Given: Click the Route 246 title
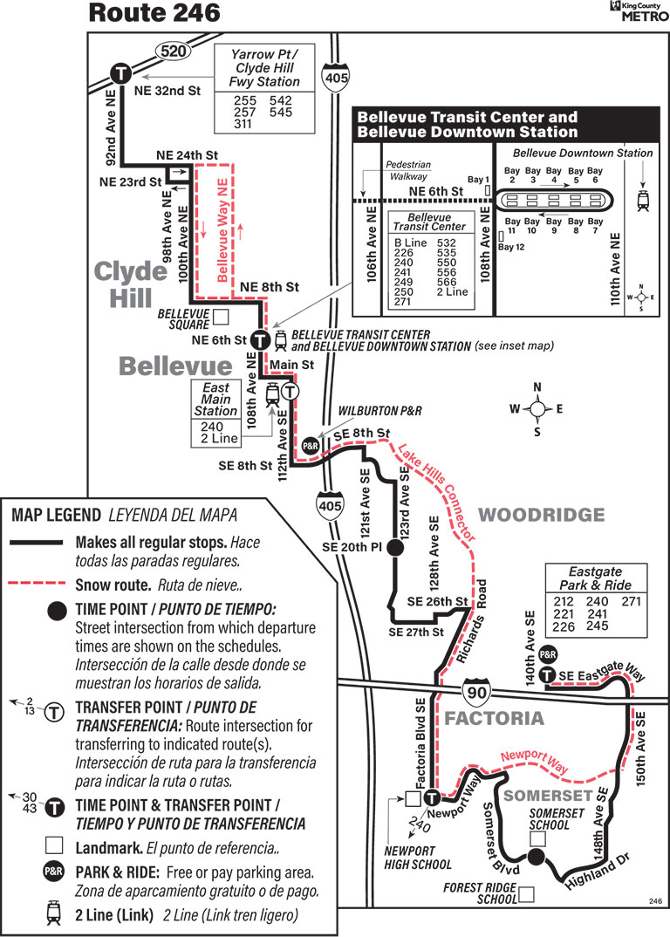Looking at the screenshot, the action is (154, 13).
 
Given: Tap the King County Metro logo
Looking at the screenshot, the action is (639, 10).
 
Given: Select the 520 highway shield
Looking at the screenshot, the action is (174, 51).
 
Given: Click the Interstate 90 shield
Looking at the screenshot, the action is (476, 692).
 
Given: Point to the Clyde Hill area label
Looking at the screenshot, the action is (132, 284).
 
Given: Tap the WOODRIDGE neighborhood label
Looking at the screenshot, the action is (542, 515).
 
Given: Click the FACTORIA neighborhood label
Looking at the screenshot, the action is (495, 718).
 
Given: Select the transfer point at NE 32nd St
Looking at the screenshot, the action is (120, 75).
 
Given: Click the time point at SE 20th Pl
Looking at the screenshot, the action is (394, 547).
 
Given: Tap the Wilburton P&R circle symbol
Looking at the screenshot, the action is (311, 446).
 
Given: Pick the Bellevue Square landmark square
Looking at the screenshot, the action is (221, 316).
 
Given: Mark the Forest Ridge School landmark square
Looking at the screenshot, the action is (526, 894).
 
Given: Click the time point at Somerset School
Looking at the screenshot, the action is (537, 857).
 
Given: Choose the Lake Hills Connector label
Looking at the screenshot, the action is (437, 491).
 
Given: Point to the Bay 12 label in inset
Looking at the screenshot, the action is (511, 247).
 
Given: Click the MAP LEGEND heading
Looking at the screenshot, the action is (56, 515).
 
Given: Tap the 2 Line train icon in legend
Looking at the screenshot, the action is (54, 913).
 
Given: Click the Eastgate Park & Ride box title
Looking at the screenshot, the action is (595, 578).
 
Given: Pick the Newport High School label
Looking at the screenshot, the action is (418, 857).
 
